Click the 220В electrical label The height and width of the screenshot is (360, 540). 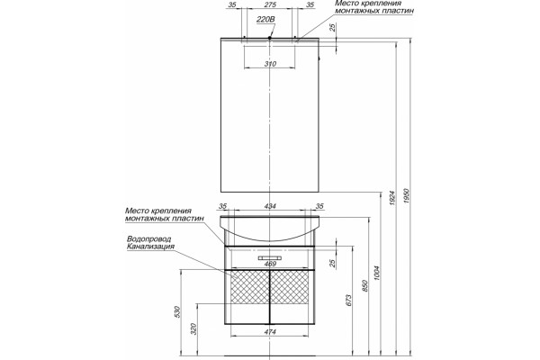pos(265,21)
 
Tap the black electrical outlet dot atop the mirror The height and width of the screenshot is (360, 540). pos(270,38)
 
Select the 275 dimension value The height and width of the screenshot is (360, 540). pos(270,4)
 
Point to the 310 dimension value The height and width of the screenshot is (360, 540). pos(270,64)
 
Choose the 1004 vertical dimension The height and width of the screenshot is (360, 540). pos(376,274)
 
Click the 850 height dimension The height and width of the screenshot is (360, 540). pos(365,285)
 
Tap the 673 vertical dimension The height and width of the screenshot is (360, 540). pos(348,301)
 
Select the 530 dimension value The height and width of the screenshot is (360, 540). pos(177,311)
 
